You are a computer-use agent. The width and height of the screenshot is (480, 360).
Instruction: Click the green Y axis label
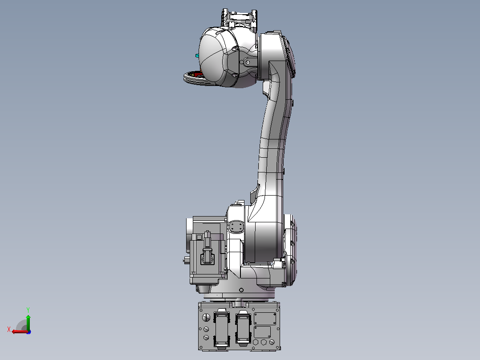tap(28, 310)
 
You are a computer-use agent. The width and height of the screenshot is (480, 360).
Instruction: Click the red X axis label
tap(9, 330)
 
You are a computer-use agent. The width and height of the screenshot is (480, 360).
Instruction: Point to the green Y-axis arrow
tap(28, 322)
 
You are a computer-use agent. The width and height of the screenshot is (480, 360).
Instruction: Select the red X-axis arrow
tap(20, 331)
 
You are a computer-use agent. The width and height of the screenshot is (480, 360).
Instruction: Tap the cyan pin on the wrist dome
tap(197, 56)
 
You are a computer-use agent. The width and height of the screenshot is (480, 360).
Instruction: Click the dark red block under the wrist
tap(199, 74)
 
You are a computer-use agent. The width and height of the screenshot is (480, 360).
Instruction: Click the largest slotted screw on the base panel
tap(207, 318)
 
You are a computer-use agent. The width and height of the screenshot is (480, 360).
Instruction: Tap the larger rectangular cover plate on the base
tap(265, 319)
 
